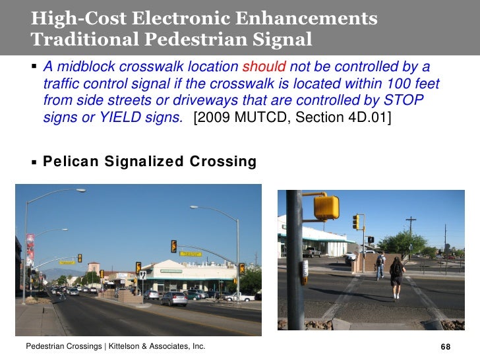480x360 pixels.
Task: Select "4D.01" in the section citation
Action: pos(367,119)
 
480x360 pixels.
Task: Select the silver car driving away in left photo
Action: pos(173,299)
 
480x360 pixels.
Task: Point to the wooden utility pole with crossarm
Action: pos(411,232)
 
